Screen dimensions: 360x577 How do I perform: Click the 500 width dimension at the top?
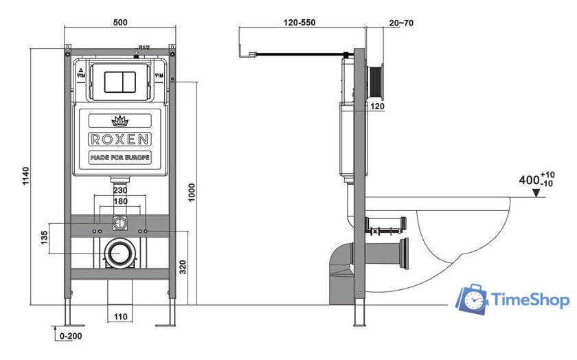(x=120, y=23)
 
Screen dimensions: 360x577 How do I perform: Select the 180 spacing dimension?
(x=120, y=201)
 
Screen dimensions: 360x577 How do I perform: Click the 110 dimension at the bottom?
(x=122, y=316)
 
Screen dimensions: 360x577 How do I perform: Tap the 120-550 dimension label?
(x=299, y=23)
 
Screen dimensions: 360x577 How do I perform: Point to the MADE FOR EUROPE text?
(x=120, y=158)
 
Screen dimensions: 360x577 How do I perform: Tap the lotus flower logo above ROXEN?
(x=120, y=121)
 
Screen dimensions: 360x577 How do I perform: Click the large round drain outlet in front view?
(x=120, y=253)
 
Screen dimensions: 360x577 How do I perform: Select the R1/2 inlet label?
(x=144, y=47)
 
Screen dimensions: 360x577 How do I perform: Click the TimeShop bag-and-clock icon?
(x=471, y=300)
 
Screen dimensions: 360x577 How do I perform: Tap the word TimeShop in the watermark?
(x=528, y=300)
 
